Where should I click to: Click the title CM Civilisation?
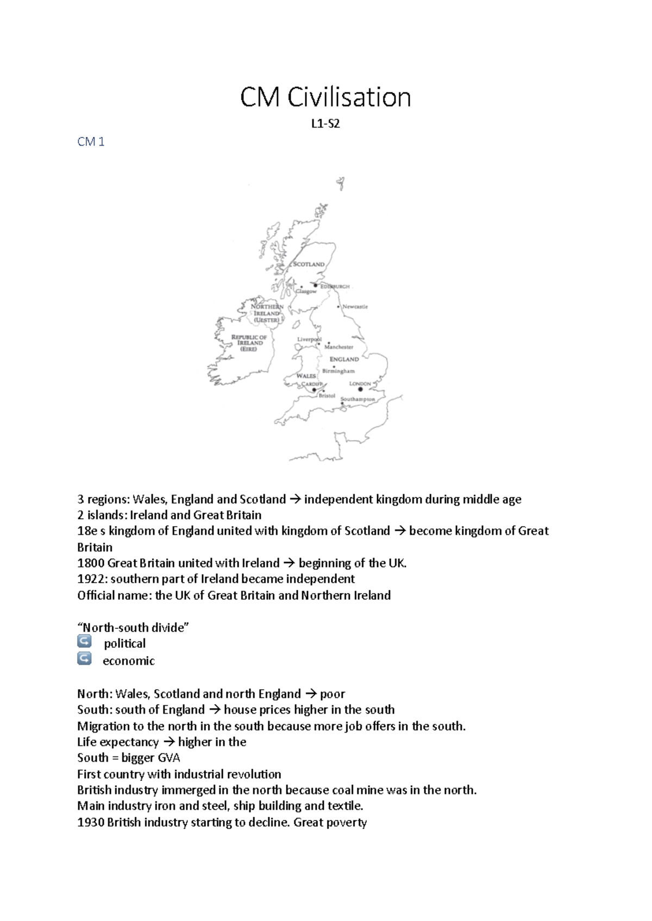pyautogui.click(x=325, y=98)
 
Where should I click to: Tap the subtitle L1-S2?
pyautogui.click(x=325, y=124)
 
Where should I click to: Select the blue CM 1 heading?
pyautogui.click(x=91, y=142)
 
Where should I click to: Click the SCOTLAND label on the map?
pyautogui.click(x=309, y=264)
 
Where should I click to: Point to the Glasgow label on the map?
pyautogui.click(x=306, y=292)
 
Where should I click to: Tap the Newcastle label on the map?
pyautogui.click(x=355, y=307)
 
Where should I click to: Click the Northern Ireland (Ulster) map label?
pyautogui.click(x=266, y=313)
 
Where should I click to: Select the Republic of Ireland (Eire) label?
pyautogui.click(x=249, y=343)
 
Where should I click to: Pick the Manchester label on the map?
pyautogui.click(x=338, y=347)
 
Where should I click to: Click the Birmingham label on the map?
pyautogui.click(x=338, y=371)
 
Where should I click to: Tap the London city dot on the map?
pyautogui.click(x=360, y=389)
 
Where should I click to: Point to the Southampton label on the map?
pyautogui.click(x=358, y=399)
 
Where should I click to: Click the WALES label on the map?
pyautogui.click(x=306, y=376)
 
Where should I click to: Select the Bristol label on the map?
pyautogui.click(x=327, y=396)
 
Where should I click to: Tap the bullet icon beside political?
pyautogui.click(x=84, y=642)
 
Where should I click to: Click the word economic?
pyautogui.click(x=129, y=661)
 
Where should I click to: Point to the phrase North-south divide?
pyautogui.click(x=133, y=628)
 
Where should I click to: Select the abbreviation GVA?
pyautogui.click(x=168, y=758)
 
